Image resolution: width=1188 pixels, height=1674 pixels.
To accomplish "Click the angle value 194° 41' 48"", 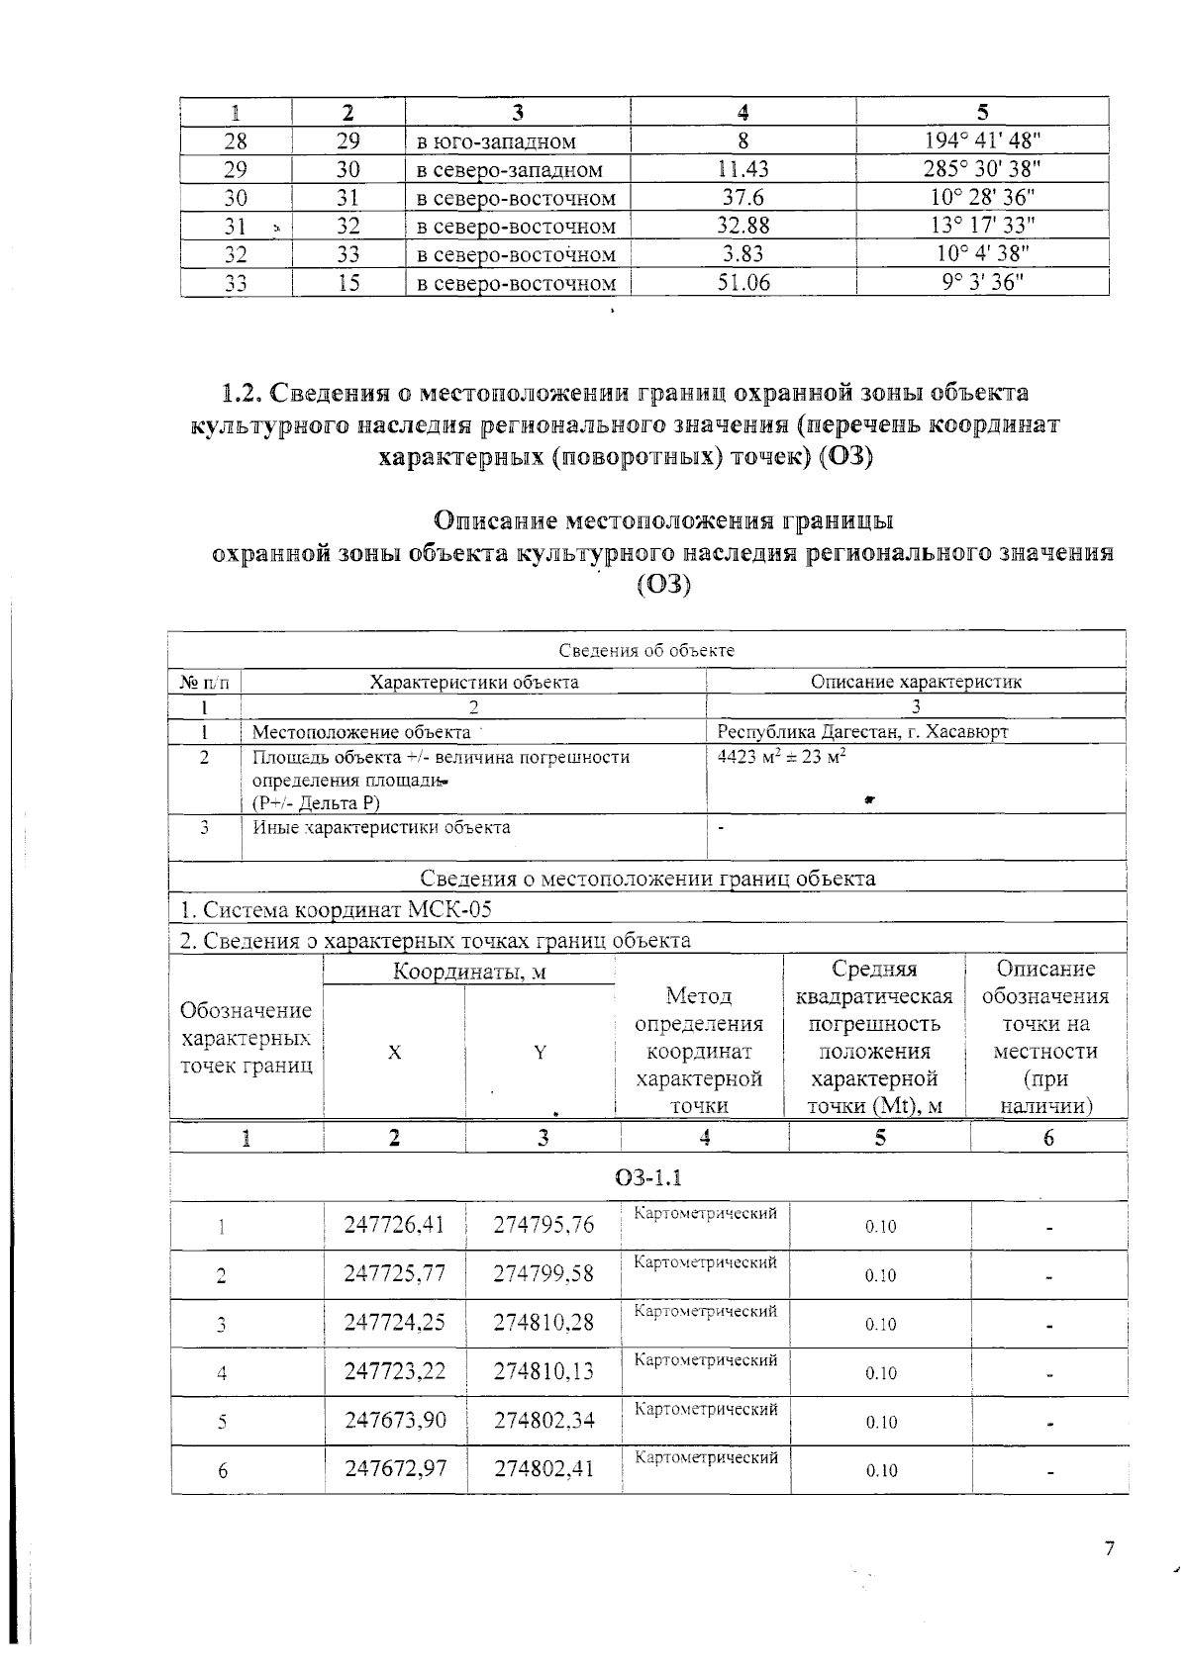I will pyautogui.click(x=982, y=140).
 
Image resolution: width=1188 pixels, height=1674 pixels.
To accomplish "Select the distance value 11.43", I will pyautogui.click(x=742, y=169).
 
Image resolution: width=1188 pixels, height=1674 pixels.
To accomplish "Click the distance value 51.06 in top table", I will pyautogui.click(x=742, y=284).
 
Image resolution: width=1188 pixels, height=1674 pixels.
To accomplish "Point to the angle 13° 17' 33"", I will pyautogui.click(x=982, y=227).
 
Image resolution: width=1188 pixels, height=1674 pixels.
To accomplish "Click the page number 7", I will pyautogui.click(x=1109, y=1549).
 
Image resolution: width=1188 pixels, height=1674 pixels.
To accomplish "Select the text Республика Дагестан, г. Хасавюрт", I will pyautogui.click(x=862, y=732).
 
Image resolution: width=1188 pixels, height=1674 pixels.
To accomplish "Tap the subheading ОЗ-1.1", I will pyautogui.click(x=647, y=1177).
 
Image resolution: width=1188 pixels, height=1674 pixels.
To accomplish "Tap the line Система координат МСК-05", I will pyautogui.click(x=336, y=909).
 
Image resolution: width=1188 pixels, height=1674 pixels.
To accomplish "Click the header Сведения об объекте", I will pyautogui.click(x=646, y=650).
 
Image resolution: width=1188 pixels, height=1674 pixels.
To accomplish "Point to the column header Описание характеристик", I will pyautogui.click(x=916, y=682).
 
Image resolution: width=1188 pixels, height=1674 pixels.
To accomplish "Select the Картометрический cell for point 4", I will pyautogui.click(x=705, y=1360).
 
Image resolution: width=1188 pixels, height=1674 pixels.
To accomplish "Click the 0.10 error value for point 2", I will pyautogui.click(x=880, y=1276).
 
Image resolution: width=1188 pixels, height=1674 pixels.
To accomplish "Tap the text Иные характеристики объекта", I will pyautogui.click(x=381, y=827).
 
